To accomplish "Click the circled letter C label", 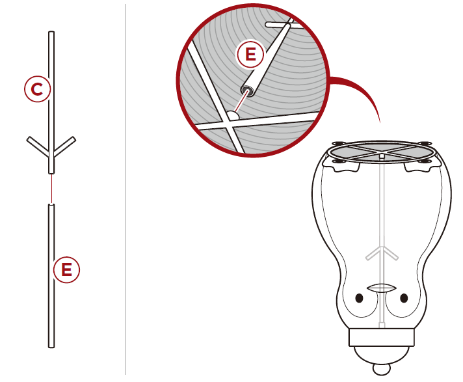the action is pos(37,89).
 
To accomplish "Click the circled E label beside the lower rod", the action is pos(67,269).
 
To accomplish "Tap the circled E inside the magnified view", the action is pos(250,55).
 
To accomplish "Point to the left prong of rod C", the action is pos(38,146).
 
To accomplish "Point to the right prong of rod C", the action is pos(65,146).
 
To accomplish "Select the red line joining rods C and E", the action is pos(51,189).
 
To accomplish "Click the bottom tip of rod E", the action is pos(51,347).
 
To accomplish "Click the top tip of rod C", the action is pos(51,32).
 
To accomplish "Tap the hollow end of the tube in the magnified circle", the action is pos(247,90).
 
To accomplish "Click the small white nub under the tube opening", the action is pos(233,115).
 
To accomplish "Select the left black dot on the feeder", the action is pos(359,298).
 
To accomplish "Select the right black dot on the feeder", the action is pos(404,298).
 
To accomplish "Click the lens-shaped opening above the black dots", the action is pos(381,288).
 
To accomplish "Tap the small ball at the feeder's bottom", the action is pos(381,369).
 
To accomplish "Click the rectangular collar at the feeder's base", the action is pos(382,337).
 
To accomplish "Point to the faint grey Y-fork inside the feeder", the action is pos(382,253).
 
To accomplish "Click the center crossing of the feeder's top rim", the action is pos(382,152).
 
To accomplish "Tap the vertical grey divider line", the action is pos(126,189).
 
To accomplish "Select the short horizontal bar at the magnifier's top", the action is pos(284,25).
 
